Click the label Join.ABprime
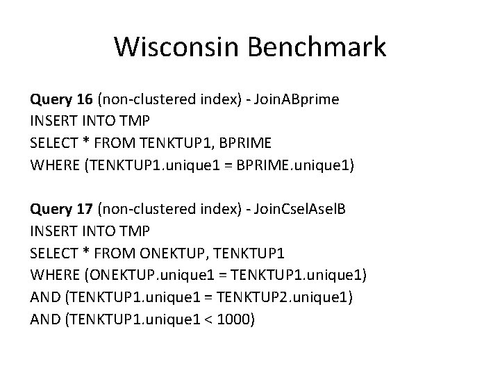tap(296, 99)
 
